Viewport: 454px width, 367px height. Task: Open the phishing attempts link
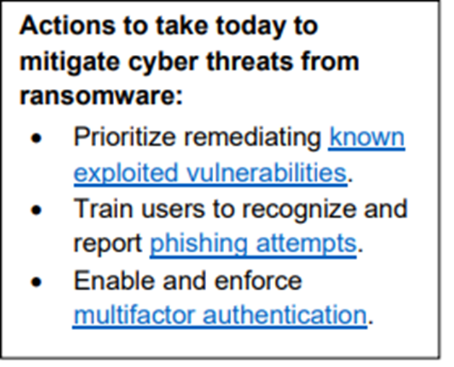pyautogui.click(x=253, y=243)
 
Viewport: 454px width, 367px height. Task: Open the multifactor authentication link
pyautogui.click(x=220, y=314)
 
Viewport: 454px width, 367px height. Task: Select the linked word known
pyautogui.click(x=367, y=137)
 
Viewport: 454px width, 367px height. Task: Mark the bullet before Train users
pyautogui.click(x=37, y=210)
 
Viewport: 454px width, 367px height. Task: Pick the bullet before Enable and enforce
pyautogui.click(x=37, y=280)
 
